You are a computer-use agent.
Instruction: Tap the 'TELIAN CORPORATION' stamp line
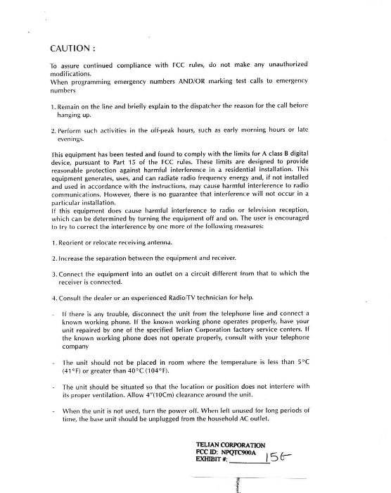point(231,445)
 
